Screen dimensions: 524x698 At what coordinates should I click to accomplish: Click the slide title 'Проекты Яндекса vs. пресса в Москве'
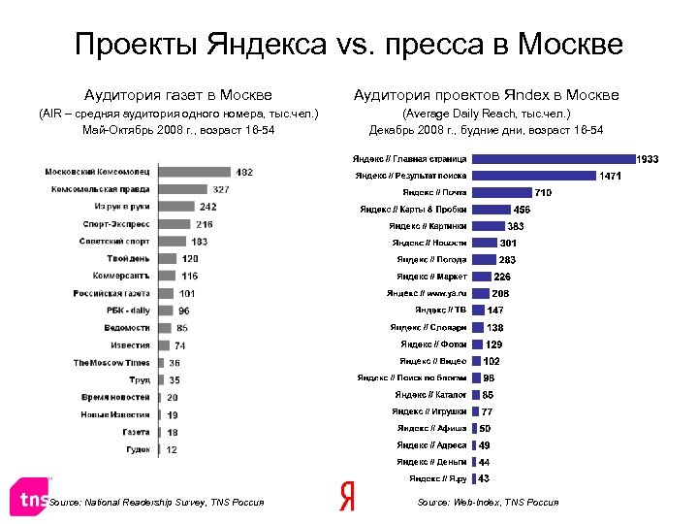click(x=349, y=45)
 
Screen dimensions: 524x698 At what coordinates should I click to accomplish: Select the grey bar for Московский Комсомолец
click(x=193, y=172)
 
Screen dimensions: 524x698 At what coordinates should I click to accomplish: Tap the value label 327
click(x=221, y=189)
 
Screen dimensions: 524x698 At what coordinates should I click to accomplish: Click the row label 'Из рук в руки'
click(x=122, y=207)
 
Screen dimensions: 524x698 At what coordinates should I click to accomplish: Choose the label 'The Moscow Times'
click(x=111, y=363)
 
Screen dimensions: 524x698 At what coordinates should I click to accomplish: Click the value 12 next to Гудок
click(x=172, y=450)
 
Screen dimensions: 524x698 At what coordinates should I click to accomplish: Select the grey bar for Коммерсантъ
click(x=166, y=277)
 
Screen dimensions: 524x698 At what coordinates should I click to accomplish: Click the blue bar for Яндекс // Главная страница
click(x=552, y=159)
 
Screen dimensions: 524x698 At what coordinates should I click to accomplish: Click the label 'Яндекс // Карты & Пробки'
click(x=413, y=210)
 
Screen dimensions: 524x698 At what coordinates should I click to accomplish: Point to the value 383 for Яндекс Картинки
click(x=516, y=226)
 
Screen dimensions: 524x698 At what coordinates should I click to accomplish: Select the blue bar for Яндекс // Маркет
click(x=481, y=277)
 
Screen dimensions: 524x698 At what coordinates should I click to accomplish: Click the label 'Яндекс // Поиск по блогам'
click(x=412, y=377)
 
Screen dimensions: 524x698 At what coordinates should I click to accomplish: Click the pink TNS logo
click(x=29, y=499)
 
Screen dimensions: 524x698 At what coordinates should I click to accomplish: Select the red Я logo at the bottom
click(x=347, y=496)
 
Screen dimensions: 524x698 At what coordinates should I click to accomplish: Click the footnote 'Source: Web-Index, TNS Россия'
click(x=488, y=503)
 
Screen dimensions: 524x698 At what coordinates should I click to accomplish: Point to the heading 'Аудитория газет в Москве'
click(x=178, y=95)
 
